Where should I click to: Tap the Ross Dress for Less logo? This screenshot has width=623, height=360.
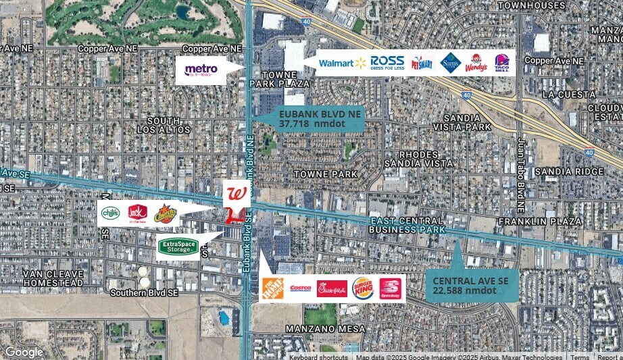point(387,63)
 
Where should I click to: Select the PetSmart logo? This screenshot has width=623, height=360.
point(422,63)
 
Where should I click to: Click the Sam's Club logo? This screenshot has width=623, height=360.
point(450,63)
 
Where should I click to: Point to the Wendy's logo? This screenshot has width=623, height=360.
point(476,63)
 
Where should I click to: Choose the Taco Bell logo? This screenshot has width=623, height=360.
point(501,63)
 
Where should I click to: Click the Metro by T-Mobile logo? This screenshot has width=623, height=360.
point(201,70)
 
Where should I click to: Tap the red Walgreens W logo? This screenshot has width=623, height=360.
point(236,193)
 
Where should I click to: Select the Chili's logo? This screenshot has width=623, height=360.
point(111,213)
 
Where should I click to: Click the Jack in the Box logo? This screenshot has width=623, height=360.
point(137,213)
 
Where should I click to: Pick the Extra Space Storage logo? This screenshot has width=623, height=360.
point(178,247)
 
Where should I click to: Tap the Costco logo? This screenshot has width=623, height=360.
point(301,288)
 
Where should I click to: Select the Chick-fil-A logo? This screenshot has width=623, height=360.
point(332,288)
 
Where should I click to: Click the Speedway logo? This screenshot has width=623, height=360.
point(390,288)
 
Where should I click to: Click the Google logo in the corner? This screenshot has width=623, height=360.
point(24,352)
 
